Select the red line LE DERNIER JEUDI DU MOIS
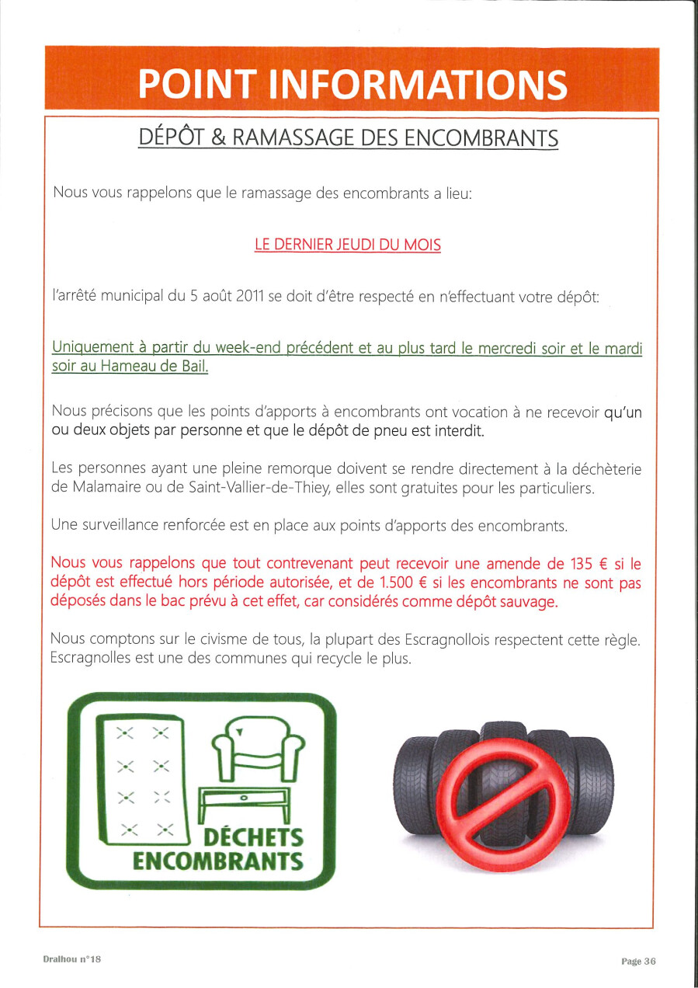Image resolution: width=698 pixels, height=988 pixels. point(348,245)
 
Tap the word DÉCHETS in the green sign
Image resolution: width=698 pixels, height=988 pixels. point(253,838)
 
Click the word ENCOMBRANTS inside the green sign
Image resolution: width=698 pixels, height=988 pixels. point(217,861)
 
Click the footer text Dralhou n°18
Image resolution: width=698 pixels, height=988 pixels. point(72,960)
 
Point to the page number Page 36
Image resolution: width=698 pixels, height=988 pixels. point(638,961)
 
